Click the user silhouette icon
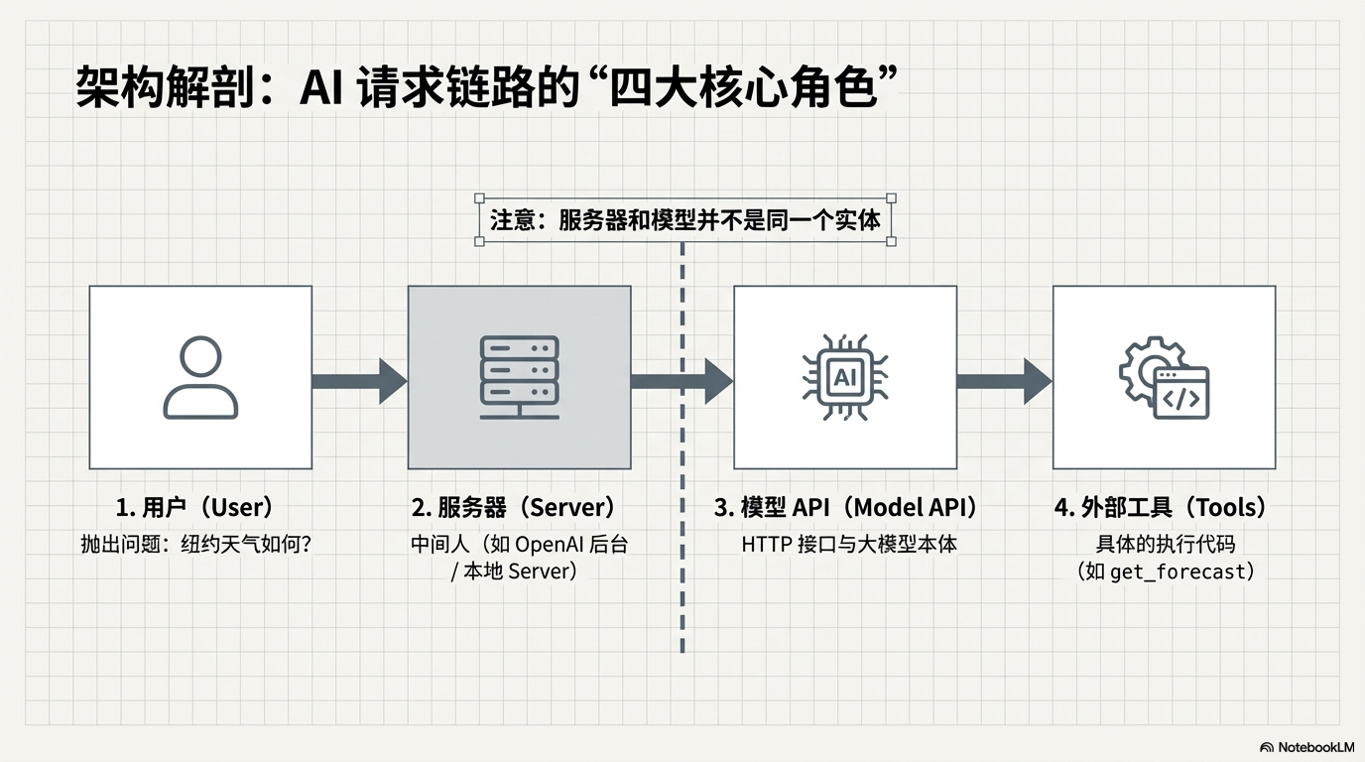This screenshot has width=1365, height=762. (x=200, y=377)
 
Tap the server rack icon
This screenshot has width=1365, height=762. (x=519, y=377)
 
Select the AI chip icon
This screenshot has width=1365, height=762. (x=844, y=377)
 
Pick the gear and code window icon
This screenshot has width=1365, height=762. (x=1165, y=378)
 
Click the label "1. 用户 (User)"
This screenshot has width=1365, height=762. (x=194, y=508)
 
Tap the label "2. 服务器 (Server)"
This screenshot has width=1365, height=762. (x=514, y=508)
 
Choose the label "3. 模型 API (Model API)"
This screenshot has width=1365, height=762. (x=845, y=508)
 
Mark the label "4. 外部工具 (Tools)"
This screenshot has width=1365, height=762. (x=1161, y=508)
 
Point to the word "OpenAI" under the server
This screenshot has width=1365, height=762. (x=550, y=545)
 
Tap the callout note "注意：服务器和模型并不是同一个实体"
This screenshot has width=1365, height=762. (x=685, y=219)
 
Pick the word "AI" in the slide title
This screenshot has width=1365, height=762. (x=320, y=89)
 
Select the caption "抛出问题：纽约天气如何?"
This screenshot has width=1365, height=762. (x=196, y=545)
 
